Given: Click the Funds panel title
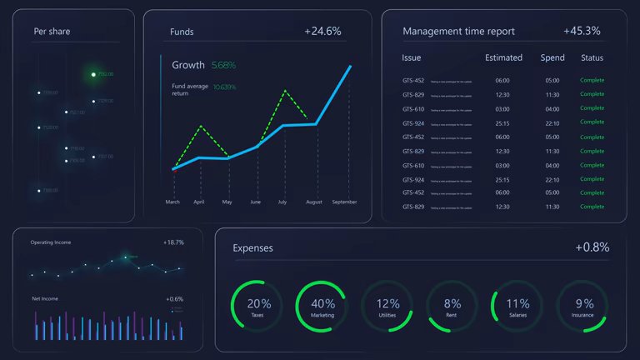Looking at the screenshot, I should click(x=182, y=32).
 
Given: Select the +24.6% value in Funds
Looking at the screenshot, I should click(x=322, y=31).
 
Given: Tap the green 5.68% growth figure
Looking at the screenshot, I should click(x=223, y=65).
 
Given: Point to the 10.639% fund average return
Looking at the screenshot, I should click(x=224, y=87).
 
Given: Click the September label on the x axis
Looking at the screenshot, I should click(x=344, y=202).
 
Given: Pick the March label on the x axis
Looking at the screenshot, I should click(x=172, y=202).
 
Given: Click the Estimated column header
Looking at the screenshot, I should click(x=503, y=57).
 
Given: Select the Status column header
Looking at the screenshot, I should click(x=592, y=57).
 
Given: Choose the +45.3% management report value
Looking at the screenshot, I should click(x=582, y=31).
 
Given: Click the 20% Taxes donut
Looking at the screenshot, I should click(x=257, y=306).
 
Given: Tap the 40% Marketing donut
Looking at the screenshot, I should click(x=322, y=306).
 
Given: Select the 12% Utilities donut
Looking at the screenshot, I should click(x=387, y=306).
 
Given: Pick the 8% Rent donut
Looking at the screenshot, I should click(x=452, y=306).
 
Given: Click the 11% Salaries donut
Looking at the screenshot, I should click(x=517, y=306).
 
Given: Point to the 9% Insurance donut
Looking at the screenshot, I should click(x=582, y=306).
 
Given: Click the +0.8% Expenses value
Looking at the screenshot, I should click(x=592, y=247).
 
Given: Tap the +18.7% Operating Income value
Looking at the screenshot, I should click(x=173, y=242).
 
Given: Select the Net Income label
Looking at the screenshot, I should click(x=44, y=298).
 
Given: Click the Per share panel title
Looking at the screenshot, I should click(x=52, y=32).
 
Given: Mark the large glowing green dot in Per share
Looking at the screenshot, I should click(x=93, y=74).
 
